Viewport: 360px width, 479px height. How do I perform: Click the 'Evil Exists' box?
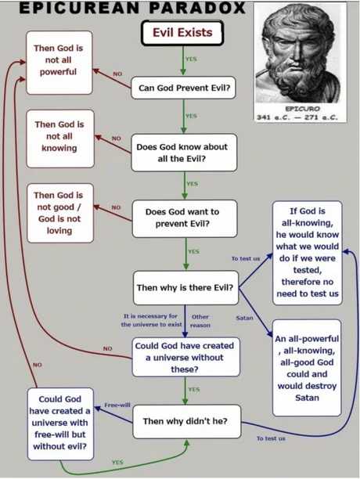point(182,33)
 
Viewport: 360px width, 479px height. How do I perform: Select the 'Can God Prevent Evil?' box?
point(183,88)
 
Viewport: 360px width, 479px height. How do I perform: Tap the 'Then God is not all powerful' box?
point(59,63)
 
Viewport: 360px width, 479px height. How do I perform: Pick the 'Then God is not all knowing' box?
point(60,139)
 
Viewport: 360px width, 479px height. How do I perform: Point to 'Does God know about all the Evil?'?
point(184,153)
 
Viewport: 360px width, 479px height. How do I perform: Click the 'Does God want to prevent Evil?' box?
point(185,218)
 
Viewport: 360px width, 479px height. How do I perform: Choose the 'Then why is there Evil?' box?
point(185,288)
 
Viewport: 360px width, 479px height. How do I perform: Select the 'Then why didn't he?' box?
point(187,422)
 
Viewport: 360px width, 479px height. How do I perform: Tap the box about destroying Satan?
point(307,368)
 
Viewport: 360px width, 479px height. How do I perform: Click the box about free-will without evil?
point(60,424)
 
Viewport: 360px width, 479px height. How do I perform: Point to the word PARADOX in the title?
point(197,8)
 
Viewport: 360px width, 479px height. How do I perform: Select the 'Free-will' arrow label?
point(117,405)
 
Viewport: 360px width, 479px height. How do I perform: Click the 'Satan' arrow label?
point(245,318)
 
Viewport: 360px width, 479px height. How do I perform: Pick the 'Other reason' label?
point(200,321)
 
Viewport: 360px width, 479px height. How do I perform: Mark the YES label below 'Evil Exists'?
point(191,59)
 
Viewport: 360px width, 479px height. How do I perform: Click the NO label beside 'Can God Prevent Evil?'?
point(117,74)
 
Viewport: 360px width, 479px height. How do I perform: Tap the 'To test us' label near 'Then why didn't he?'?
point(271,438)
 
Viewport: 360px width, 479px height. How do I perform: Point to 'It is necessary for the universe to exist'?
point(152,320)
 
